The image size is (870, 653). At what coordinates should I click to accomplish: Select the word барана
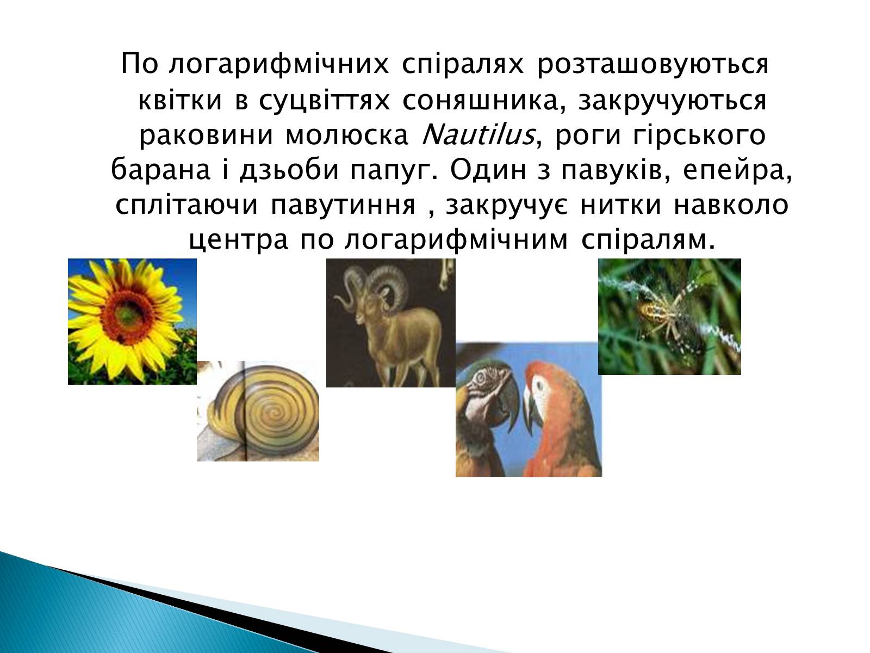[x=160, y=170]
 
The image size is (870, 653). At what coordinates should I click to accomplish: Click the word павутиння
[x=343, y=205]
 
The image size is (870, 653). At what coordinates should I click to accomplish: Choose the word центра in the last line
[x=238, y=241]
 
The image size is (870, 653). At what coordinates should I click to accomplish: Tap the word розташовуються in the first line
[x=653, y=65]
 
